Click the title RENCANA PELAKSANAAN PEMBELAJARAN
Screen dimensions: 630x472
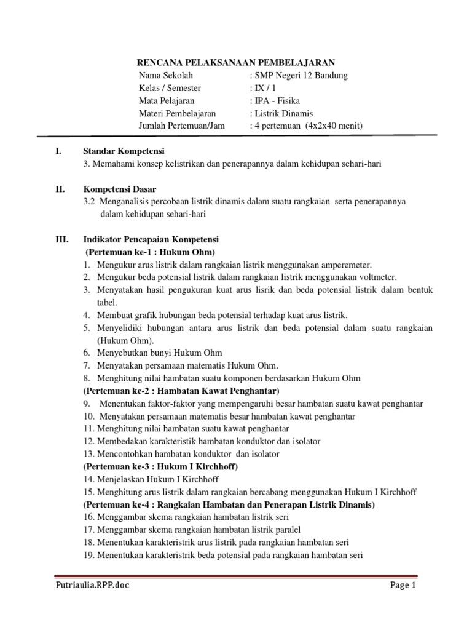[235, 62]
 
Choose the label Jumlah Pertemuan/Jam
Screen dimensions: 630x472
[183, 126]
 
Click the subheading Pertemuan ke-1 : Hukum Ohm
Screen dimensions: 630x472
[151, 252]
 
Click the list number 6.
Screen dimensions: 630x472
[87, 353]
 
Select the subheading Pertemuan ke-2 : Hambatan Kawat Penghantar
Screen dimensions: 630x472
[181, 391]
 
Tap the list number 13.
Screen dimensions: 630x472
[88, 453]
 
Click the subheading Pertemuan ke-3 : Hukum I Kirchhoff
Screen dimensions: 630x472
[160, 466]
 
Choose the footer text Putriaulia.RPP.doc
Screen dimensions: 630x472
[92, 586]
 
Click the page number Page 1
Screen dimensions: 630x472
[403, 586]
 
